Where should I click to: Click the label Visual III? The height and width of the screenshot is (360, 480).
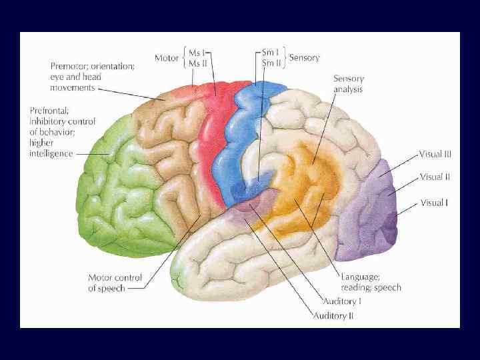(435, 153)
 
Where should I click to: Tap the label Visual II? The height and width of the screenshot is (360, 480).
(435, 177)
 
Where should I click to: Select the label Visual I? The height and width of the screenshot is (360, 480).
(433, 202)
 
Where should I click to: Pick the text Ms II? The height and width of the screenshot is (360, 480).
(198, 63)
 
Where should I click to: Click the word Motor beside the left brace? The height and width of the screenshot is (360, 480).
(167, 58)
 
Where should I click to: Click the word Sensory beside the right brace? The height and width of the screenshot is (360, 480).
(304, 58)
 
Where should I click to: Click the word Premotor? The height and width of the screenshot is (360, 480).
(71, 66)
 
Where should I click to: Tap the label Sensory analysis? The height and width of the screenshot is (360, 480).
(349, 83)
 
